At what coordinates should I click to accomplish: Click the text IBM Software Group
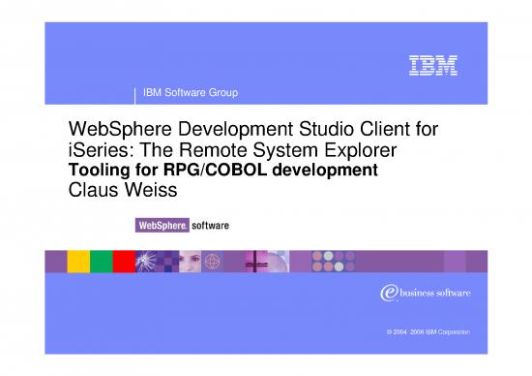tap(191, 93)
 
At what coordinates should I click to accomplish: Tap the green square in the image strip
tap(101, 263)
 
